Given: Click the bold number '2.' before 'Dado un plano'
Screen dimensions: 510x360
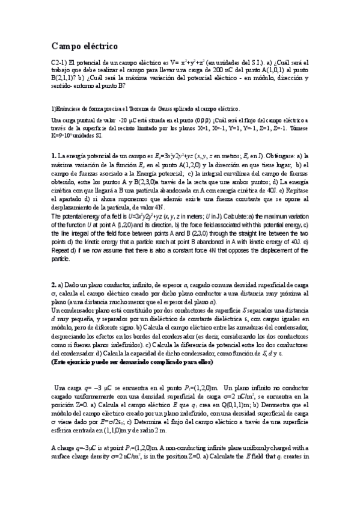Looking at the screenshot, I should tap(53, 284).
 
